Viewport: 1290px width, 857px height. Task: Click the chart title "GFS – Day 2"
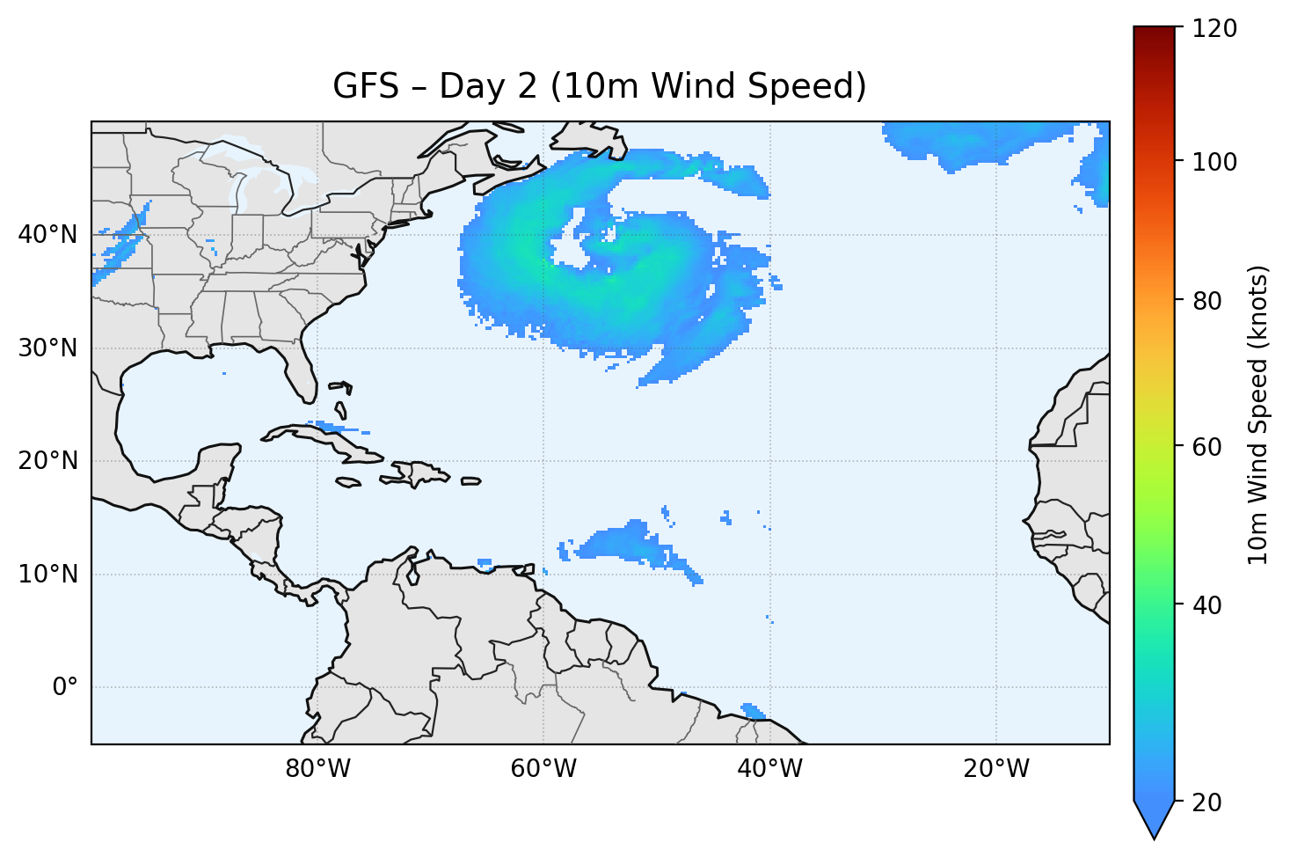tap(599, 86)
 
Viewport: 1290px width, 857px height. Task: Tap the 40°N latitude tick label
tap(47, 235)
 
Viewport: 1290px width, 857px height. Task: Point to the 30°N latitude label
tap(47, 348)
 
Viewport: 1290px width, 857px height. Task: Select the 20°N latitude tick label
tap(47, 461)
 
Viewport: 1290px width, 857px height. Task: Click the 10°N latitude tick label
tap(47, 575)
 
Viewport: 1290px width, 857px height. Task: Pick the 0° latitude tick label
tap(65, 687)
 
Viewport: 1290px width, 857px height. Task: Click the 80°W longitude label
tap(317, 769)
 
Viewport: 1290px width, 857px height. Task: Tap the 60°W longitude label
tap(543, 769)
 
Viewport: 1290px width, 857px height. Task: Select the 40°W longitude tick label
tap(769, 769)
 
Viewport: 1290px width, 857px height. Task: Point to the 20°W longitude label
tap(995, 769)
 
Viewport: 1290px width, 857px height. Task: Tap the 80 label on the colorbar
tap(1212, 301)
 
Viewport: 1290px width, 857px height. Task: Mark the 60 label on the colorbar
tap(1212, 447)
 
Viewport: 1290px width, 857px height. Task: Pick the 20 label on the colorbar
tap(1212, 802)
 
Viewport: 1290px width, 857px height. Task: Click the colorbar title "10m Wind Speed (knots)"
tap(1258, 414)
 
